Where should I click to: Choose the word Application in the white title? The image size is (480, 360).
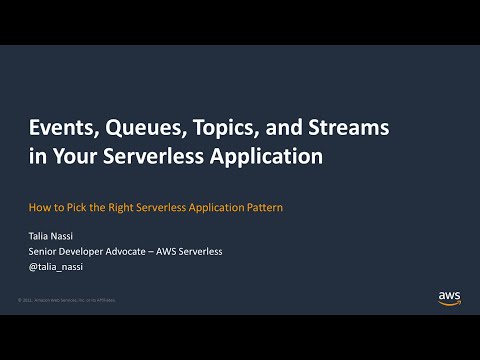pyautogui.click(x=282, y=157)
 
